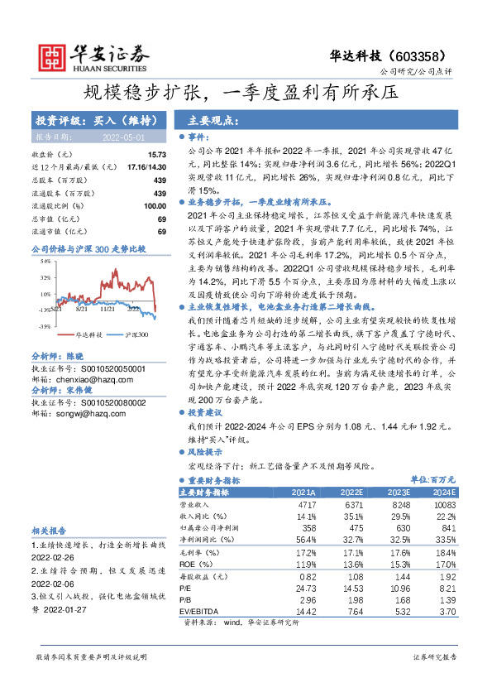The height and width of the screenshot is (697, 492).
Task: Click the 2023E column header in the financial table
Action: (x=399, y=491)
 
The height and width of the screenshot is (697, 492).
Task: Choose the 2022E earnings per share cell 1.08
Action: (x=352, y=575)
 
